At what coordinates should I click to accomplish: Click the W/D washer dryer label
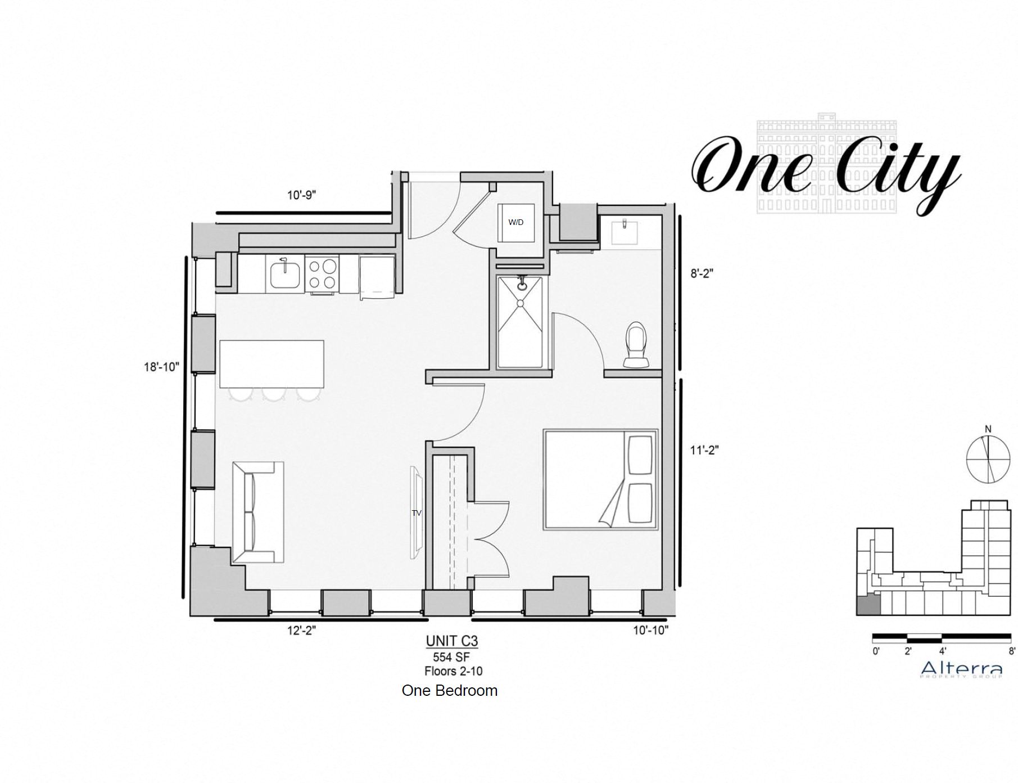(515, 222)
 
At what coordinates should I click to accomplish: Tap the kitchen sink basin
(286, 274)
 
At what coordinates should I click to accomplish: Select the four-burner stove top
(322, 274)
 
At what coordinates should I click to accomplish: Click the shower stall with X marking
(520, 322)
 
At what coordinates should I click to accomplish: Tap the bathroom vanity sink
(624, 232)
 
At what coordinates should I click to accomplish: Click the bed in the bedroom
(600, 480)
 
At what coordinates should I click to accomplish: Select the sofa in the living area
(258, 512)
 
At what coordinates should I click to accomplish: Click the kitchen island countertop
(272, 363)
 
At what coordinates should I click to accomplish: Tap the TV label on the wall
(417, 513)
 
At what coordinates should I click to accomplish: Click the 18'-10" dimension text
(161, 367)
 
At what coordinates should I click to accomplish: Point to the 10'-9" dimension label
(302, 195)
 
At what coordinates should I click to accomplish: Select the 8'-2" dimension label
(702, 273)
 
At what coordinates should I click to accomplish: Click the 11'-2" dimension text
(704, 450)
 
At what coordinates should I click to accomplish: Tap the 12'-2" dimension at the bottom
(302, 631)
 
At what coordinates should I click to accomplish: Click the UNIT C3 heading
(451, 641)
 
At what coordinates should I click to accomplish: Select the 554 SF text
(451, 657)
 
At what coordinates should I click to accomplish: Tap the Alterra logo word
(961, 668)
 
